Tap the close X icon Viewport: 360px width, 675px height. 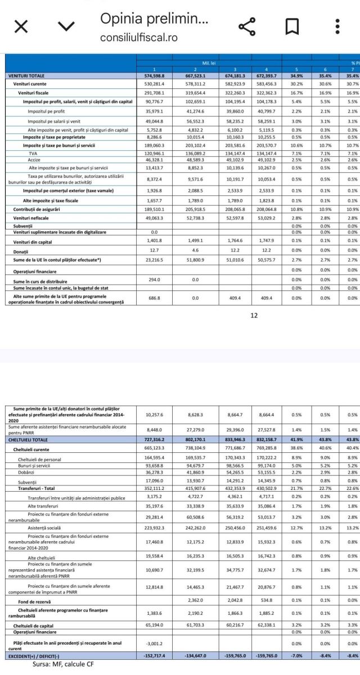click(21, 27)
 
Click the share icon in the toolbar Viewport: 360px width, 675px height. click(247, 27)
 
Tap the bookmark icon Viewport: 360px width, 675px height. click(292, 27)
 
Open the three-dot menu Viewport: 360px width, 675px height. click(337, 27)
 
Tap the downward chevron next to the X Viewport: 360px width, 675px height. click(66, 27)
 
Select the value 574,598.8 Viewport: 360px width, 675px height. click(154, 75)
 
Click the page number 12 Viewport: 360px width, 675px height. click(254, 315)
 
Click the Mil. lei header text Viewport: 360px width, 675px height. click(202, 64)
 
